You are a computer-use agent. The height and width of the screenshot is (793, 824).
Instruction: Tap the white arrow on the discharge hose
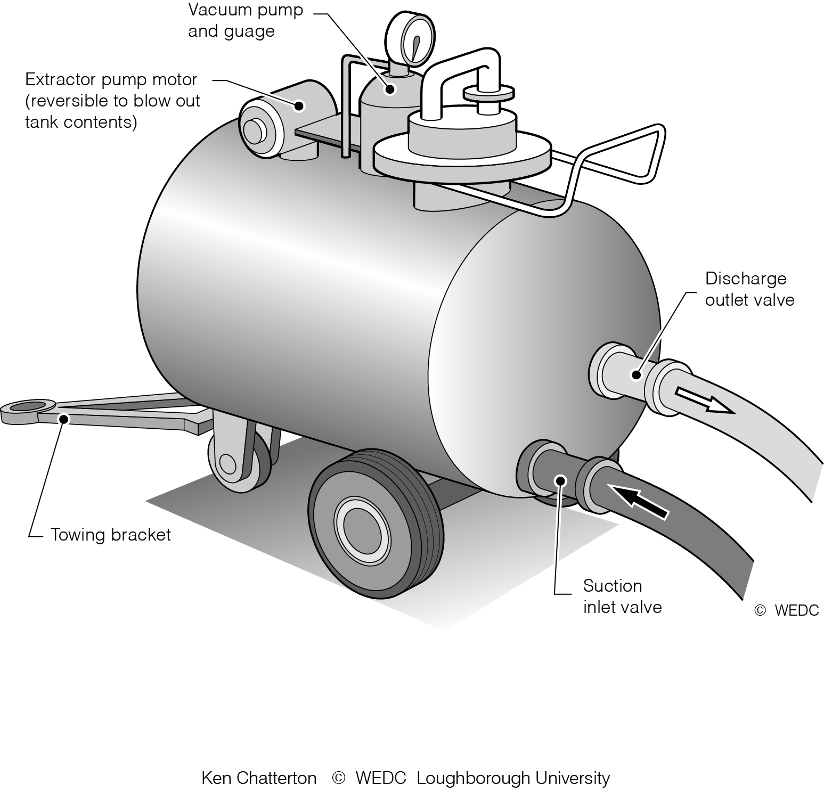703,400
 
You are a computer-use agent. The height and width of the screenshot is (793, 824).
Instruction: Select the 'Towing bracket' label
111,535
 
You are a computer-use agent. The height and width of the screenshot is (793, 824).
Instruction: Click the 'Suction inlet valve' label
622,596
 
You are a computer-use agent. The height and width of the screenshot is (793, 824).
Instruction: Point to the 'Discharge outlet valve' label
749,289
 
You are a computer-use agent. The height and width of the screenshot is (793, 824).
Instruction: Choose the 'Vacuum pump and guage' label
245,20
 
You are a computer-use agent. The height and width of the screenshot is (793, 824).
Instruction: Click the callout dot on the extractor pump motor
299,106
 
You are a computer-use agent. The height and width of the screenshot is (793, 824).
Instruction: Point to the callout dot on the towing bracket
64,419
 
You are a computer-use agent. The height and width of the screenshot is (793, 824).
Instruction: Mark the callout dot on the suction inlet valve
560,481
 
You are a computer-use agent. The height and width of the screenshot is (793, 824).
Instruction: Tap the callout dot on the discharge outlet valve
635,374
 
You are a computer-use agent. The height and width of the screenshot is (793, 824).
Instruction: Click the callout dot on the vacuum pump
390,89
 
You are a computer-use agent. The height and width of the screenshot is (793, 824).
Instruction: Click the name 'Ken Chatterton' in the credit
259,778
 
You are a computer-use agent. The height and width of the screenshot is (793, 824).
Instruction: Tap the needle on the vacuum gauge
415,48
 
